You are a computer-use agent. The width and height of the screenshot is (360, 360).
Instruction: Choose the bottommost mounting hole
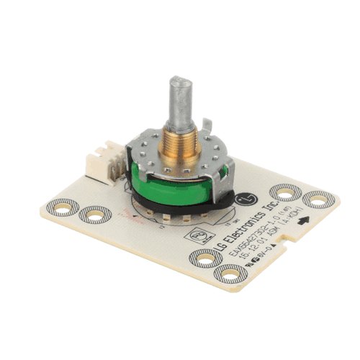(x=228, y=274)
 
